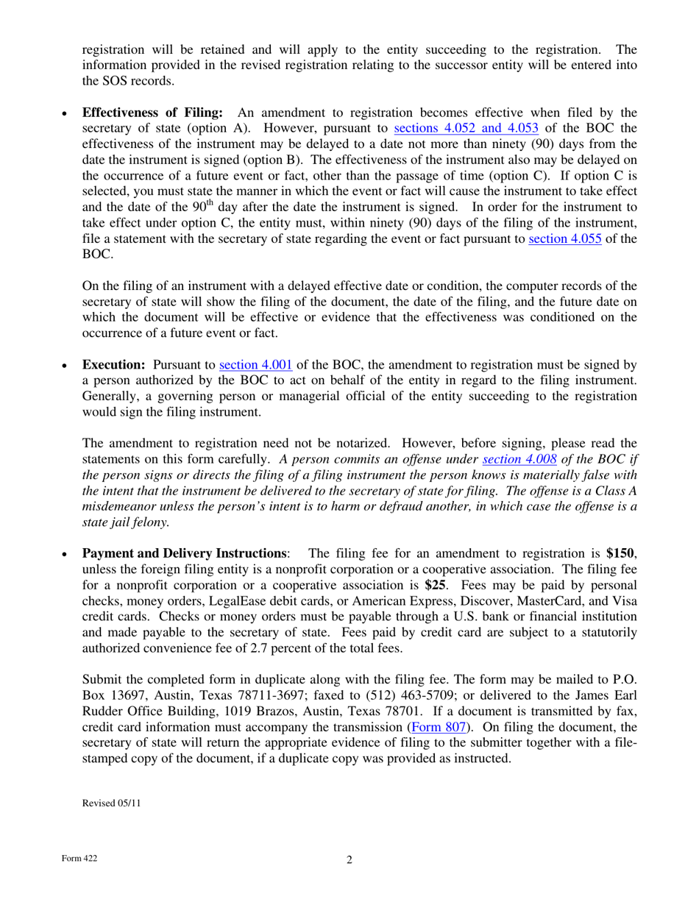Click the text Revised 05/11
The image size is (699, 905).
(110, 803)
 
